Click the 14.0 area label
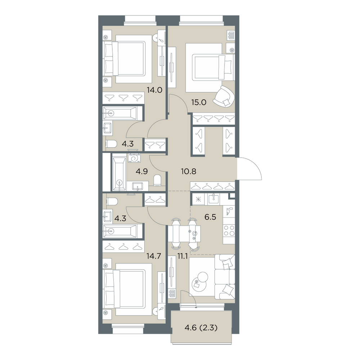[155, 90]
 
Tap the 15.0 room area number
[199, 102]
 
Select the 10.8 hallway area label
[189, 171]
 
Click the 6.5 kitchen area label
[210, 217]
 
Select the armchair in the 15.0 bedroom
[224, 96]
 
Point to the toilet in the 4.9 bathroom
[158, 180]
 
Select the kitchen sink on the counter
[213, 199]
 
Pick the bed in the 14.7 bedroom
[125, 289]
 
